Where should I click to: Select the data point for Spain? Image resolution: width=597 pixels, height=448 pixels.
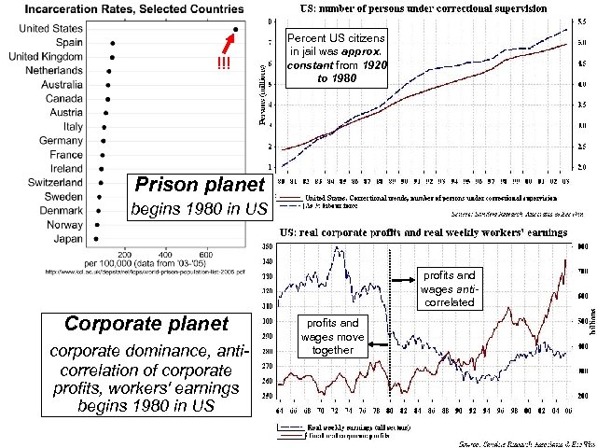112,43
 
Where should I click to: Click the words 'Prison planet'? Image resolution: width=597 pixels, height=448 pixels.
187,184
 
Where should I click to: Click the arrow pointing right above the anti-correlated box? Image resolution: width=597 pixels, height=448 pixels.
403,277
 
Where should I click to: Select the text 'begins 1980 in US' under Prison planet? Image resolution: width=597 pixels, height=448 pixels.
198,207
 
